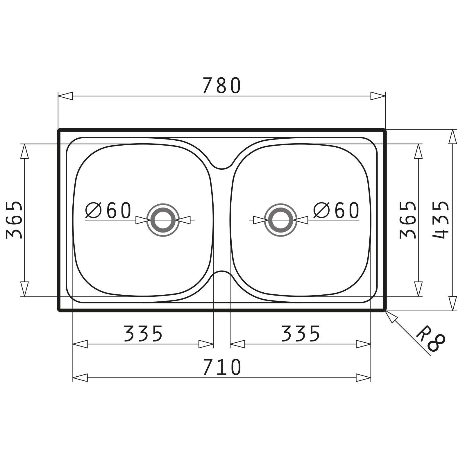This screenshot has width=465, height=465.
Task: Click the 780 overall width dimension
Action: tap(222, 85)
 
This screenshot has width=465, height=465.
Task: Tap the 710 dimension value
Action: tap(222, 367)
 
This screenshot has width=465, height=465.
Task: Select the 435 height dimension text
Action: tap(441, 220)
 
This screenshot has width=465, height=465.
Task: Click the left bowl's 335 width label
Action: tap(143, 333)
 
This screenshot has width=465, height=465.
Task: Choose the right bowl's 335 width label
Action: tap(301, 333)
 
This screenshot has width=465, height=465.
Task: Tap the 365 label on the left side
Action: tap(14, 220)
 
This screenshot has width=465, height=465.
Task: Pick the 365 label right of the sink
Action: tap(408, 220)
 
